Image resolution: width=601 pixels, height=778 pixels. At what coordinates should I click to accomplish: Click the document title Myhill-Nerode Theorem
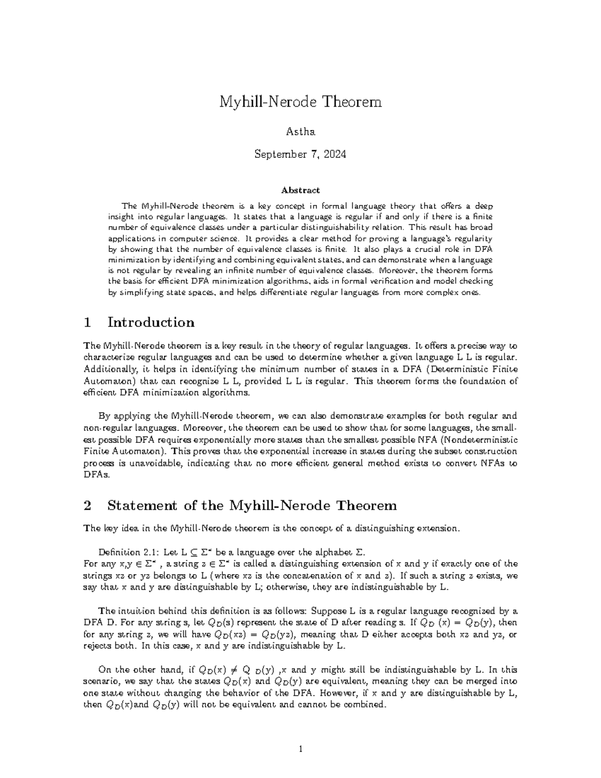pyautogui.click(x=300, y=102)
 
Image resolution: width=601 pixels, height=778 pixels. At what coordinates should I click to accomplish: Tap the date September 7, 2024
pyautogui.click(x=300, y=154)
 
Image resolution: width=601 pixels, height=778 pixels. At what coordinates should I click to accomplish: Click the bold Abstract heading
pyautogui.click(x=300, y=190)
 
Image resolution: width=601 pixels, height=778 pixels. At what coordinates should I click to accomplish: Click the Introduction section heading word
pyautogui.click(x=151, y=322)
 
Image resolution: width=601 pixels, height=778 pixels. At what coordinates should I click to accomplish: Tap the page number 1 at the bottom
pyautogui.click(x=300, y=750)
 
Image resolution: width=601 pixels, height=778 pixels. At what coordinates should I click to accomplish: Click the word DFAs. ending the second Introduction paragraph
pyautogui.click(x=95, y=475)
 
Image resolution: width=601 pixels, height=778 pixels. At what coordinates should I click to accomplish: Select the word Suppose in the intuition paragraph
pyautogui.click(x=328, y=611)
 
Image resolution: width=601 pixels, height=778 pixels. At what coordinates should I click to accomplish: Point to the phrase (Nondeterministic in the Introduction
pyautogui.click(x=475, y=440)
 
